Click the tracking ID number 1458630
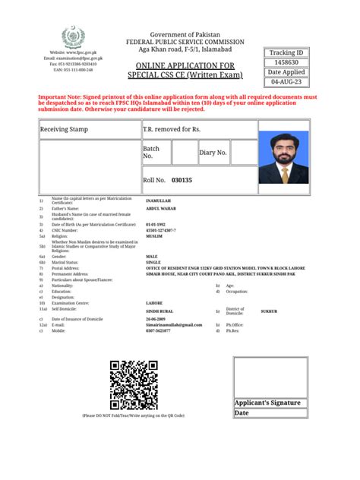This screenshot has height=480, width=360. click(285, 62)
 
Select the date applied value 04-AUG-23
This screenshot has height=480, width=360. click(285, 81)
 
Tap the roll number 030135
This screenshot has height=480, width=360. click(182, 180)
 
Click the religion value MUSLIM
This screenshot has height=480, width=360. click(156, 236)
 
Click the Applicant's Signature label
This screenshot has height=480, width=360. click(267, 403)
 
